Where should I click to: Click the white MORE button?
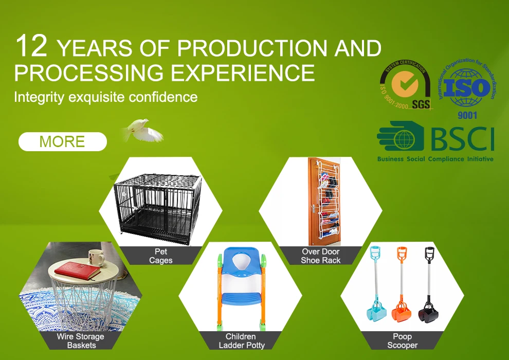click(x=63, y=141)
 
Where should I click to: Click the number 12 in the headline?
click(x=31, y=46)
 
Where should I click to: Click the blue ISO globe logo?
click(x=467, y=88)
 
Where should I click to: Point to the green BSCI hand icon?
click(x=401, y=136)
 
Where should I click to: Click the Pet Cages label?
click(x=161, y=256)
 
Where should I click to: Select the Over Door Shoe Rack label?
click(x=320, y=256)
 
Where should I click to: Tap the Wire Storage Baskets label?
click(x=81, y=340)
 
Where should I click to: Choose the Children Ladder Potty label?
click(x=241, y=340)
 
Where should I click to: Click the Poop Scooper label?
click(x=402, y=340)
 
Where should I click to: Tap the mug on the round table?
click(x=97, y=257)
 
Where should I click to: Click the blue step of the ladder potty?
click(x=241, y=298)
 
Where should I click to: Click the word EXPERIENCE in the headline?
click(x=243, y=73)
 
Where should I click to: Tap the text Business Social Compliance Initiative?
click(x=435, y=159)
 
